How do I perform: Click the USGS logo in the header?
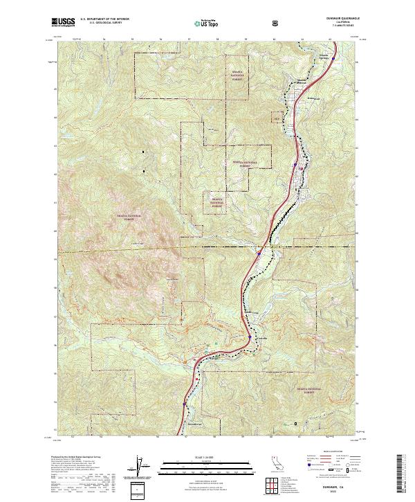point(63,23)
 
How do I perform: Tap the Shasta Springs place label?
point(323,54)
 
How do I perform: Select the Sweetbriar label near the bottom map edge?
point(195,424)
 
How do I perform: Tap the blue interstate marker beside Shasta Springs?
point(333,59)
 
